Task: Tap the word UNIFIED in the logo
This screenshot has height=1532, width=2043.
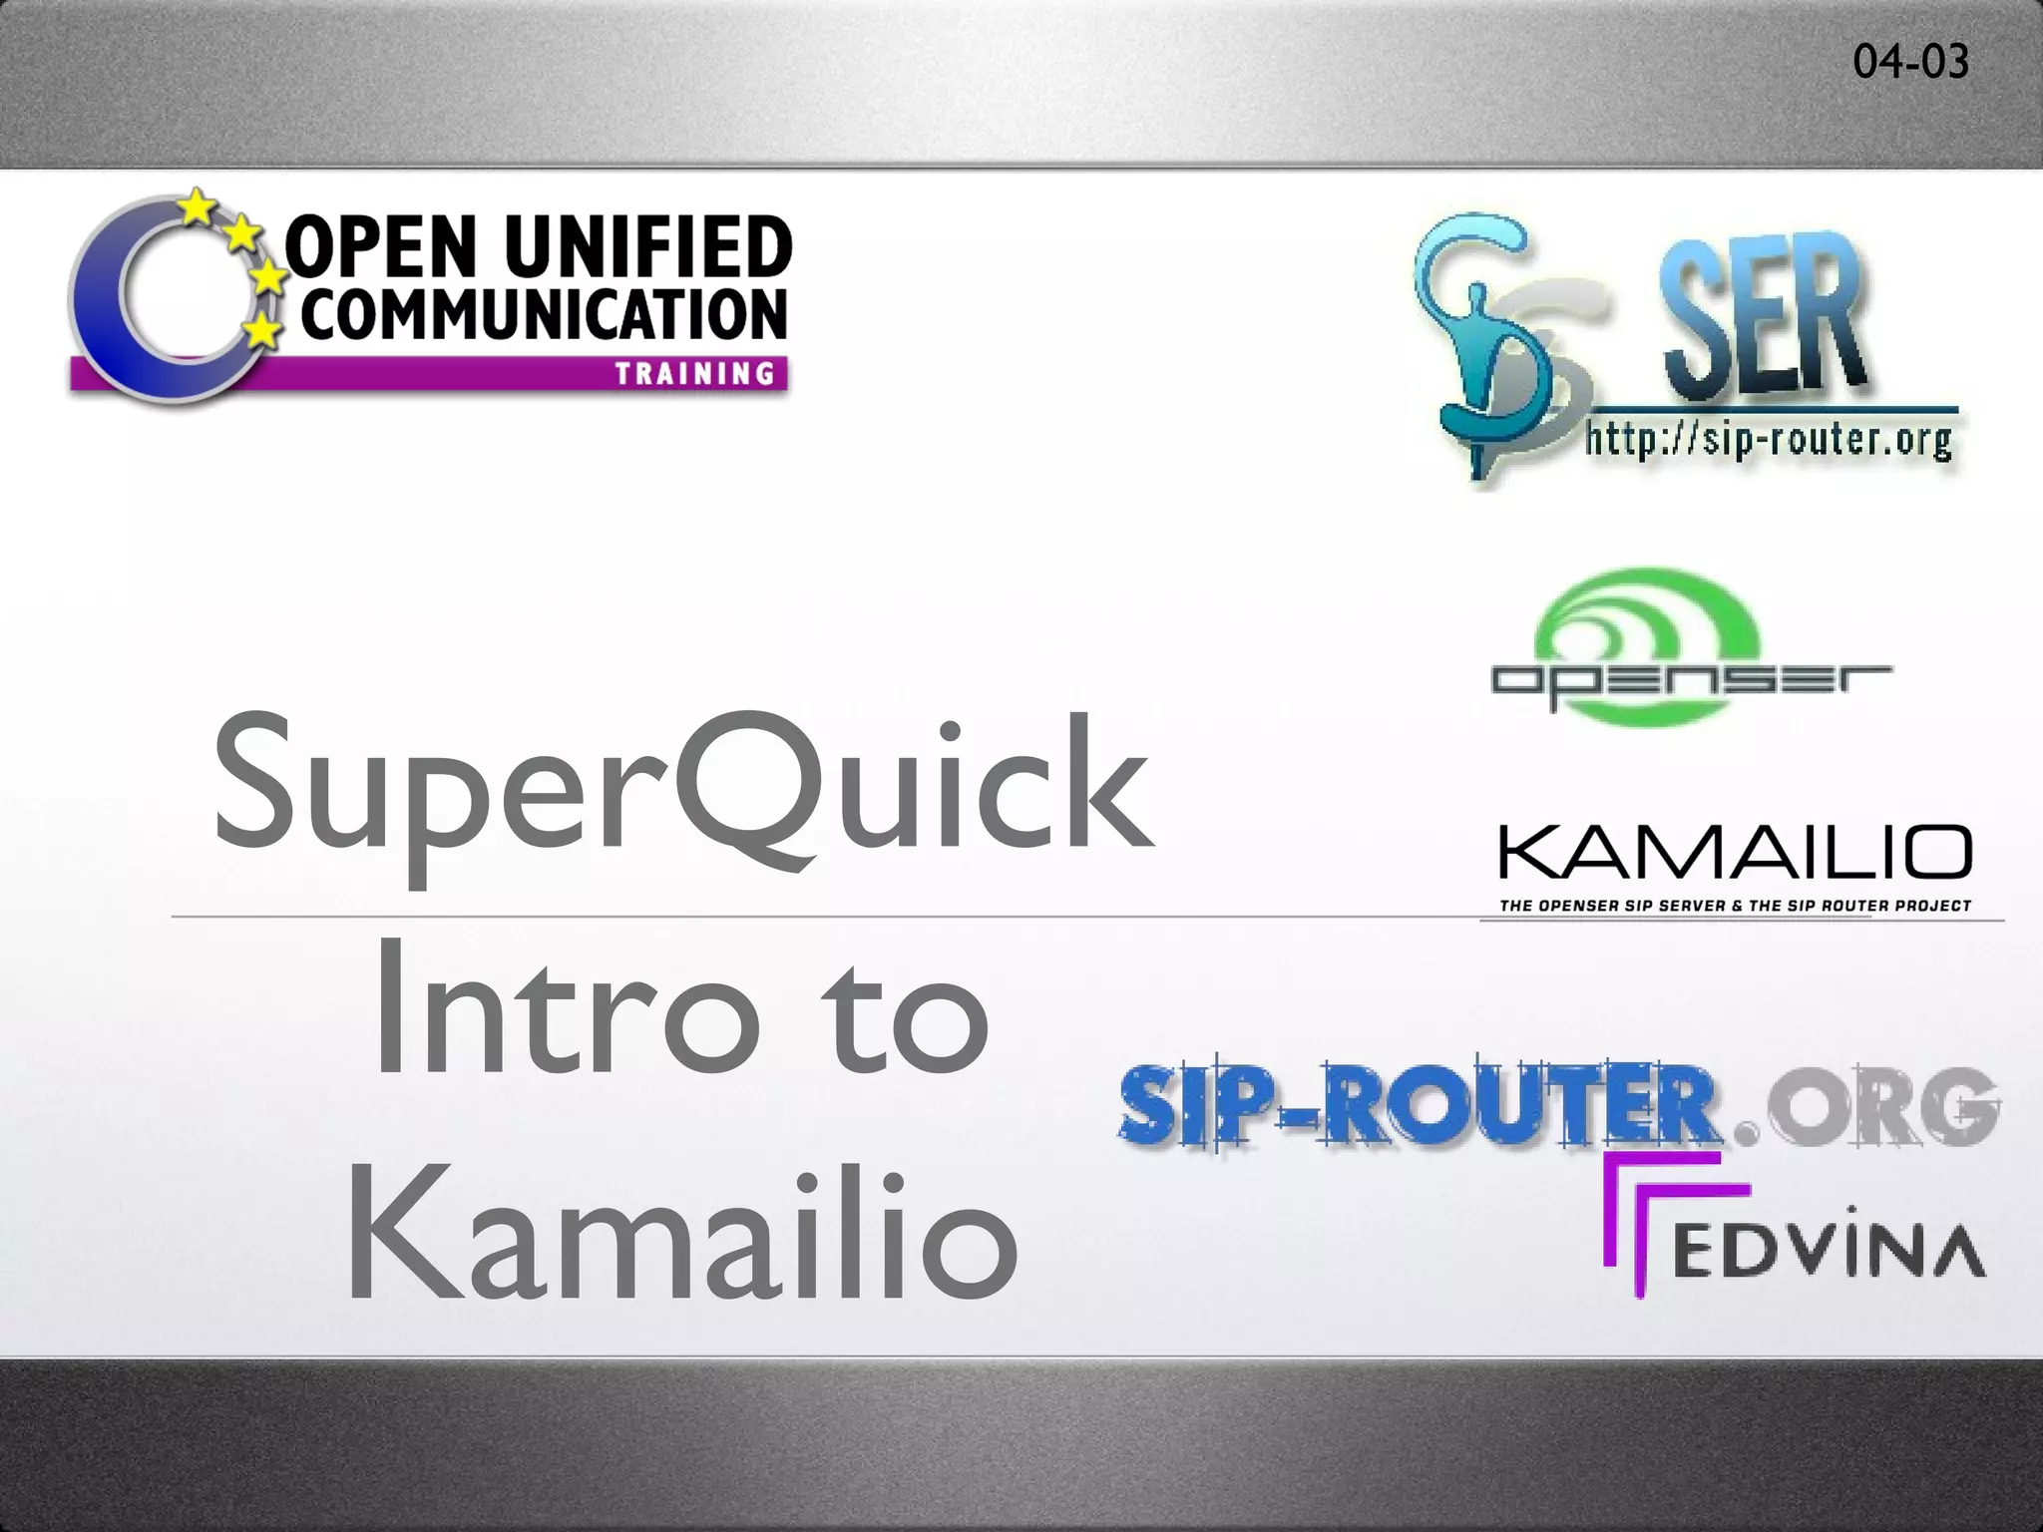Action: pos(648,247)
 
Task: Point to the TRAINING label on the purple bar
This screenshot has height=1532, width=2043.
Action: pos(695,374)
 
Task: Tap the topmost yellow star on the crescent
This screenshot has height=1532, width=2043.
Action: pos(198,207)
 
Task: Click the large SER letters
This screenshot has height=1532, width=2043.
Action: pos(1761,319)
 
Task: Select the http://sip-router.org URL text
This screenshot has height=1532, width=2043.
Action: pos(1769,439)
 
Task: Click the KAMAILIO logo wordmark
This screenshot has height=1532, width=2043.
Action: pos(1734,854)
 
